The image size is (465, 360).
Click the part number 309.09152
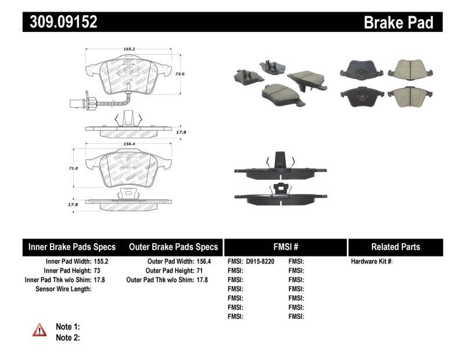(x=60, y=22)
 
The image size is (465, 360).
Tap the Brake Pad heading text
(x=398, y=23)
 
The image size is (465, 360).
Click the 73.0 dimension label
(x=180, y=74)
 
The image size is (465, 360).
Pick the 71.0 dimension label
(x=73, y=167)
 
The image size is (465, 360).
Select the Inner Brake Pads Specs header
(x=72, y=247)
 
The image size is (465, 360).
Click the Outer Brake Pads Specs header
(x=173, y=247)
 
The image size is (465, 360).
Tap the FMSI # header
(x=285, y=247)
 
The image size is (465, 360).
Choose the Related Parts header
(x=395, y=247)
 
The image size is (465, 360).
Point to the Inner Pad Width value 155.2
(x=102, y=262)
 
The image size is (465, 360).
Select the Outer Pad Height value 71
(x=199, y=271)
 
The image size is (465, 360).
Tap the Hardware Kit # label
(x=371, y=262)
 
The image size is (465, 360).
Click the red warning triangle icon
(x=40, y=330)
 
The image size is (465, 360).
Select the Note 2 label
(x=67, y=337)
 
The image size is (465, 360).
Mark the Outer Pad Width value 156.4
(x=202, y=262)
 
